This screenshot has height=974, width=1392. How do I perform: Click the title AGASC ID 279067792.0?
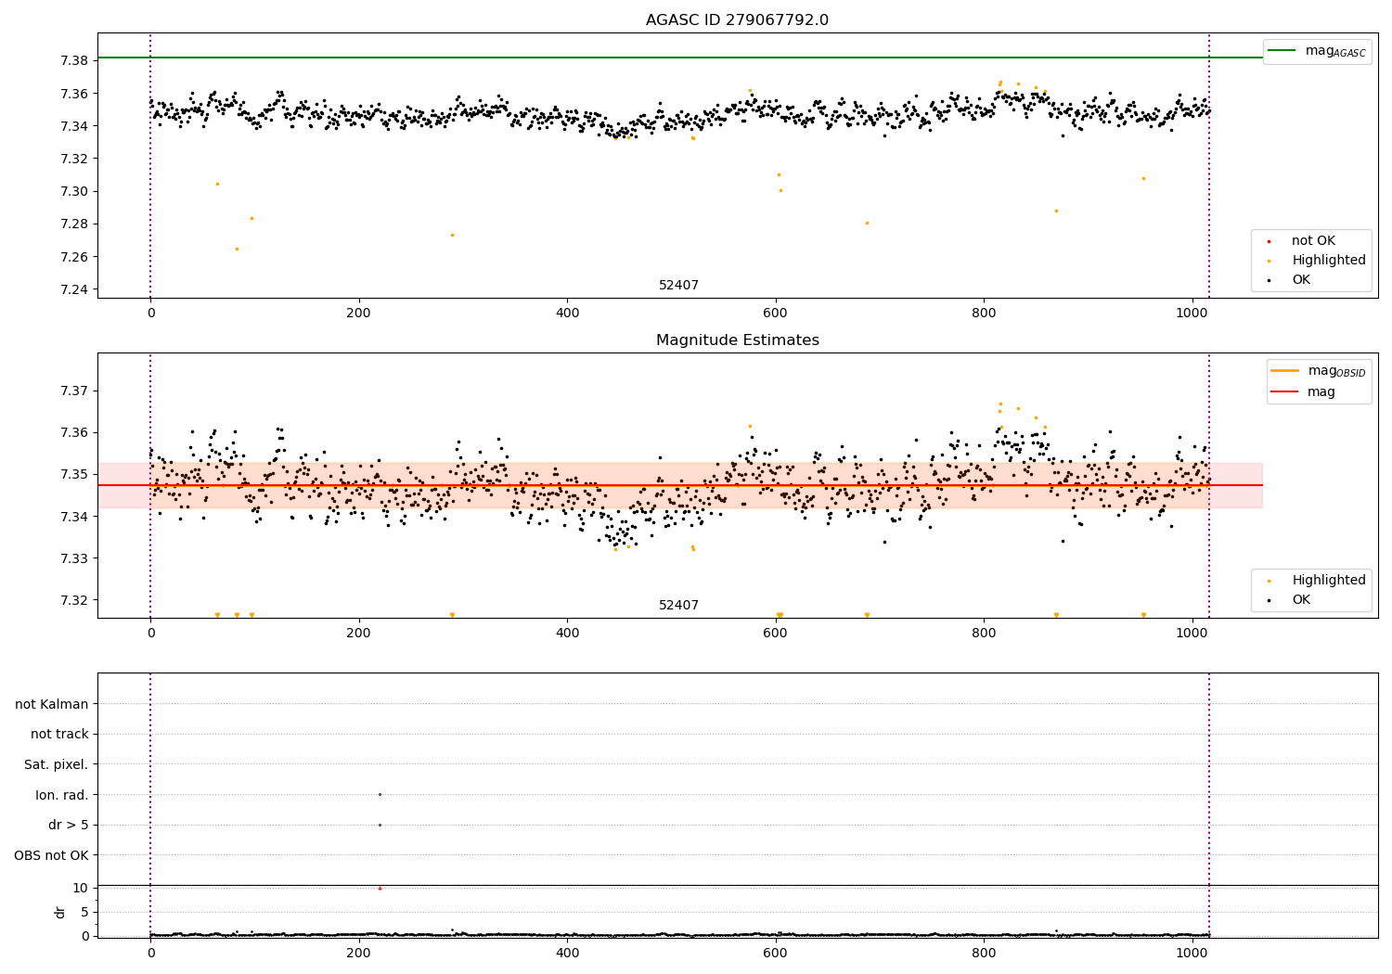point(737,20)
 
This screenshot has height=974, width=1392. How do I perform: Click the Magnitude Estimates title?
point(737,340)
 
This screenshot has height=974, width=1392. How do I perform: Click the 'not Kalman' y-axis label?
point(52,704)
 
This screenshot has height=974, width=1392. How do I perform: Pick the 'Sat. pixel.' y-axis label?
point(56,764)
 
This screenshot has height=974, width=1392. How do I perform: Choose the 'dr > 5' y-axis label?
point(68,825)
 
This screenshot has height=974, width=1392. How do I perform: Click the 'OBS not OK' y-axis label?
point(51,855)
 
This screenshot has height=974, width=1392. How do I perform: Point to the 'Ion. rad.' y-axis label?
point(61,795)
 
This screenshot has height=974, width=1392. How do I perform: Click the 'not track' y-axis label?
point(59,734)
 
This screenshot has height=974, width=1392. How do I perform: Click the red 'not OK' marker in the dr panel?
point(380,888)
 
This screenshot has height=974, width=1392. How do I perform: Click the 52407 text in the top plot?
point(678,286)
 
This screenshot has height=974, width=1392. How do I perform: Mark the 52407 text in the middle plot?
point(678,606)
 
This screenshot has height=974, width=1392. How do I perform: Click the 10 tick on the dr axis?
point(80,888)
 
